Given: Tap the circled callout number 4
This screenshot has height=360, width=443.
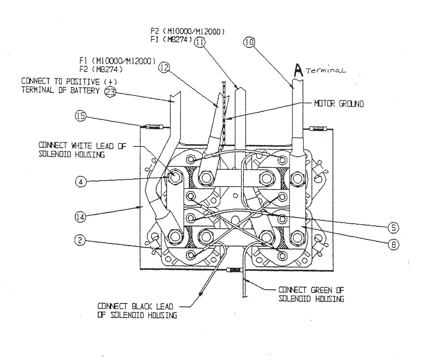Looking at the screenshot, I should click(81, 182).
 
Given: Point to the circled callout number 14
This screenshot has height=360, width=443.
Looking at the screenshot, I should click(81, 216).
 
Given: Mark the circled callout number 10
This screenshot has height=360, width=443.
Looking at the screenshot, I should click(249, 42).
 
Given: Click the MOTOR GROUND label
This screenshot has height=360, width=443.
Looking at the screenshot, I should click(339, 104).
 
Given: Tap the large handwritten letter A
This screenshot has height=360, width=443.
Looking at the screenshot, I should click(298, 70).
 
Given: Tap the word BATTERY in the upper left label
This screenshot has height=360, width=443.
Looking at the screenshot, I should click(87, 90).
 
